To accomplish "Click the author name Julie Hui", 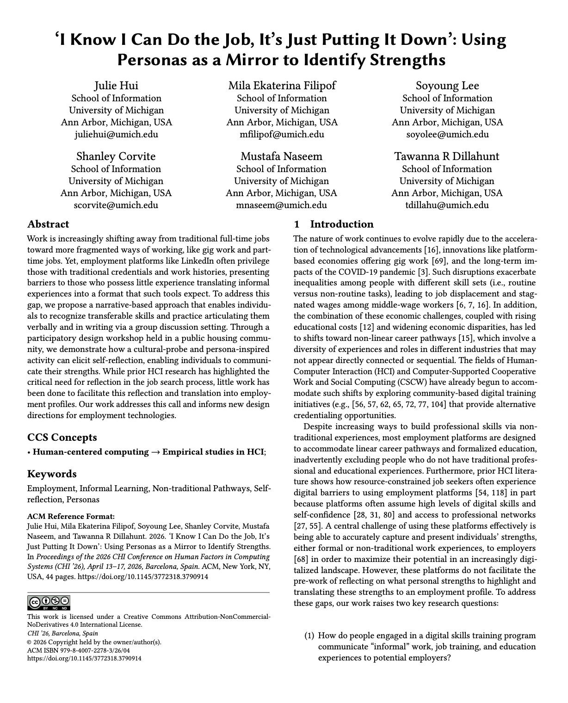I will click(116, 86).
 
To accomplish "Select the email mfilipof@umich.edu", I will click(282, 135).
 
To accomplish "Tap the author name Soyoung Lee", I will click(447, 86).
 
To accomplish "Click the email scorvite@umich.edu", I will click(116, 205).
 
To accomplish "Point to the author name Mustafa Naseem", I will click(281, 156).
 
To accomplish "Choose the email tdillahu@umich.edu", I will click(447, 205).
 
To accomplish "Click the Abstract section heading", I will click(48, 224).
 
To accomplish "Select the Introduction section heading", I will click(341, 224).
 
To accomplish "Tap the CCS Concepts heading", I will click(62, 438).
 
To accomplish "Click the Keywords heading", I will click(52, 474).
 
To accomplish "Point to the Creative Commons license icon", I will click(49, 602).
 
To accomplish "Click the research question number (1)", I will click(309, 636).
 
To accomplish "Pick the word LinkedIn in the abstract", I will click(183, 261).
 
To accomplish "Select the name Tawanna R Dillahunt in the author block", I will click(447, 156).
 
